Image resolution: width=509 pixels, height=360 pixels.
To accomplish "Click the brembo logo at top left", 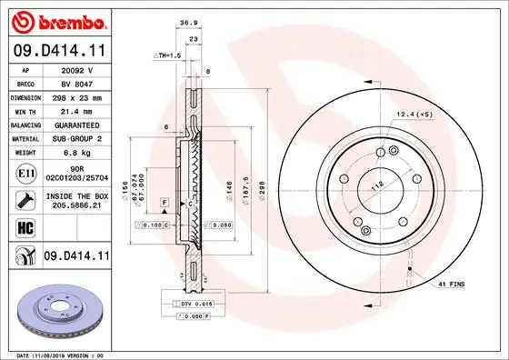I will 56,19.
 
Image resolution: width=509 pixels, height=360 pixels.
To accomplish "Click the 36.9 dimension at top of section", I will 188,23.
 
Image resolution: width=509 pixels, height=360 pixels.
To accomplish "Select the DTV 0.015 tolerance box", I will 192,303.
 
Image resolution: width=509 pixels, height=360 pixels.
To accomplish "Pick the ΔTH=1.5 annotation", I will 167,55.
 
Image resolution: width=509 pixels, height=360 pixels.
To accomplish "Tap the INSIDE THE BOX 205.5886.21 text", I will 74,202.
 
